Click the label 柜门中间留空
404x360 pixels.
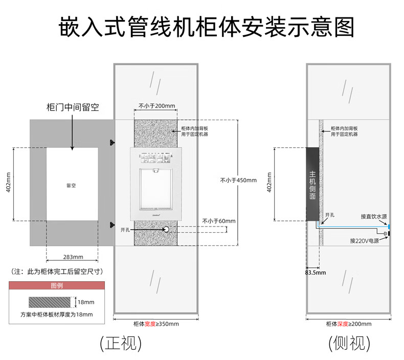[x=72, y=107]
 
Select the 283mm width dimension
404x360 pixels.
[x=72, y=257]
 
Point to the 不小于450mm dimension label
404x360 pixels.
[x=238, y=179]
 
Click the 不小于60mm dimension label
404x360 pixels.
[x=219, y=221]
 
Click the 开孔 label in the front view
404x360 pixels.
[x=125, y=230]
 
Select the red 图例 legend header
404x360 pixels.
[x=57, y=286]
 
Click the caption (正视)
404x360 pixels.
[x=120, y=342]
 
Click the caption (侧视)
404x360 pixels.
[x=349, y=342]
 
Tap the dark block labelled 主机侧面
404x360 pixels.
[x=312, y=184]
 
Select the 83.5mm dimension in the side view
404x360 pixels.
[x=315, y=272]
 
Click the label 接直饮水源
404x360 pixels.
[x=373, y=216]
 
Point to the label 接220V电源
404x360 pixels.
[x=365, y=240]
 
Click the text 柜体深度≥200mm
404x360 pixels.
[x=349, y=324]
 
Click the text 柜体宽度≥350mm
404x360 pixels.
[x=156, y=324]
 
